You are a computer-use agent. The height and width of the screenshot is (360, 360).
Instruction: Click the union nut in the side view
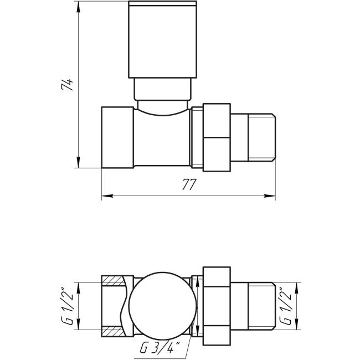217,137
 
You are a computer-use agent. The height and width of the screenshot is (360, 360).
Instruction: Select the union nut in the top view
217,306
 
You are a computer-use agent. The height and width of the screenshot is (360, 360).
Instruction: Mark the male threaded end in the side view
253,137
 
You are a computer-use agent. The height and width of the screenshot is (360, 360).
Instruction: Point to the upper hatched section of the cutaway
114,280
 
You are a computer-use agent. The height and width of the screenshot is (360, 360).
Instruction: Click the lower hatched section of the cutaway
114,332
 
